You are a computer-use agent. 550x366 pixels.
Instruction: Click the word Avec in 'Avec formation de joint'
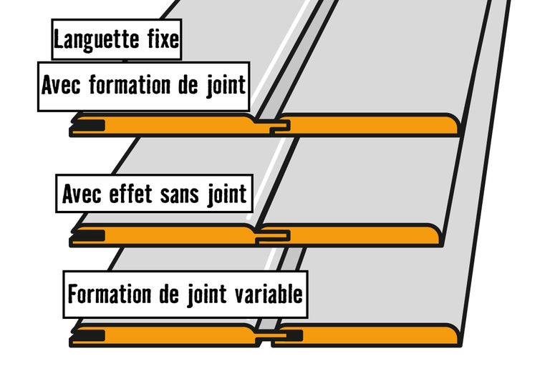pyautogui.click(x=61, y=85)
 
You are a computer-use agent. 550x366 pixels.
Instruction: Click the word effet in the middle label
pyautogui.click(x=130, y=193)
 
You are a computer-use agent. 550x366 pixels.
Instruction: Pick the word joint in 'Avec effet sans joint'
pyautogui.click(x=227, y=194)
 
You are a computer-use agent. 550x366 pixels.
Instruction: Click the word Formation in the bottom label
pyautogui.click(x=109, y=294)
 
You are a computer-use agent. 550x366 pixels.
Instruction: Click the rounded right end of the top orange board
pyautogui.click(x=452, y=124)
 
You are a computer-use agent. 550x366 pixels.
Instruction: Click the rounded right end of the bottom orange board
pyautogui.click(x=452, y=335)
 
